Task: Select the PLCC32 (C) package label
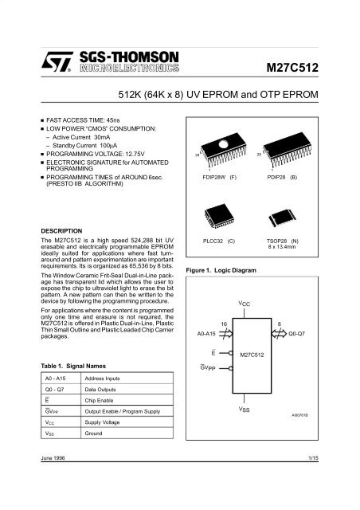coord(221,238)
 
